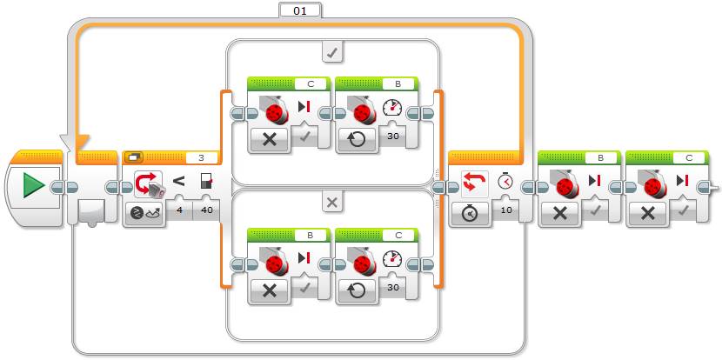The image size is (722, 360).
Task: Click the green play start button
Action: pyautogui.click(x=34, y=186)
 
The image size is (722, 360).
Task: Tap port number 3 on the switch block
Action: pyautogui.click(x=201, y=157)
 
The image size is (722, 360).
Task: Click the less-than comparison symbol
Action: pyautogui.click(x=178, y=181)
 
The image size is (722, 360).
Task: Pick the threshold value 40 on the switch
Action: pyautogui.click(x=206, y=209)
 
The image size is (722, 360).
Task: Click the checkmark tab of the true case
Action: pyautogui.click(x=331, y=53)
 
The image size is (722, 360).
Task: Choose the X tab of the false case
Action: pyautogui.click(x=331, y=202)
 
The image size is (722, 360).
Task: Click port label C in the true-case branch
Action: pyautogui.click(x=310, y=84)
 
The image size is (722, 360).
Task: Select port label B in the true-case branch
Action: pyautogui.click(x=398, y=84)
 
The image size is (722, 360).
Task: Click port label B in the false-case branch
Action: pyautogui.click(x=310, y=233)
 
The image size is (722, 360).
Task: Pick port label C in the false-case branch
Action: pyautogui.click(x=398, y=233)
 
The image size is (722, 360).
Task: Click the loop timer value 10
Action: pyautogui.click(x=506, y=209)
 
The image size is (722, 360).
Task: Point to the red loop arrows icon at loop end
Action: pyautogui.click(x=474, y=181)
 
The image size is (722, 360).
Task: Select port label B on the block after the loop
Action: pyautogui.click(x=600, y=157)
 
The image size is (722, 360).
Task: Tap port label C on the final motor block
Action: pyautogui.click(x=688, y=157)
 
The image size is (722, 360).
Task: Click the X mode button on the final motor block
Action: pyautogui.click(x=648, y=210)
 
